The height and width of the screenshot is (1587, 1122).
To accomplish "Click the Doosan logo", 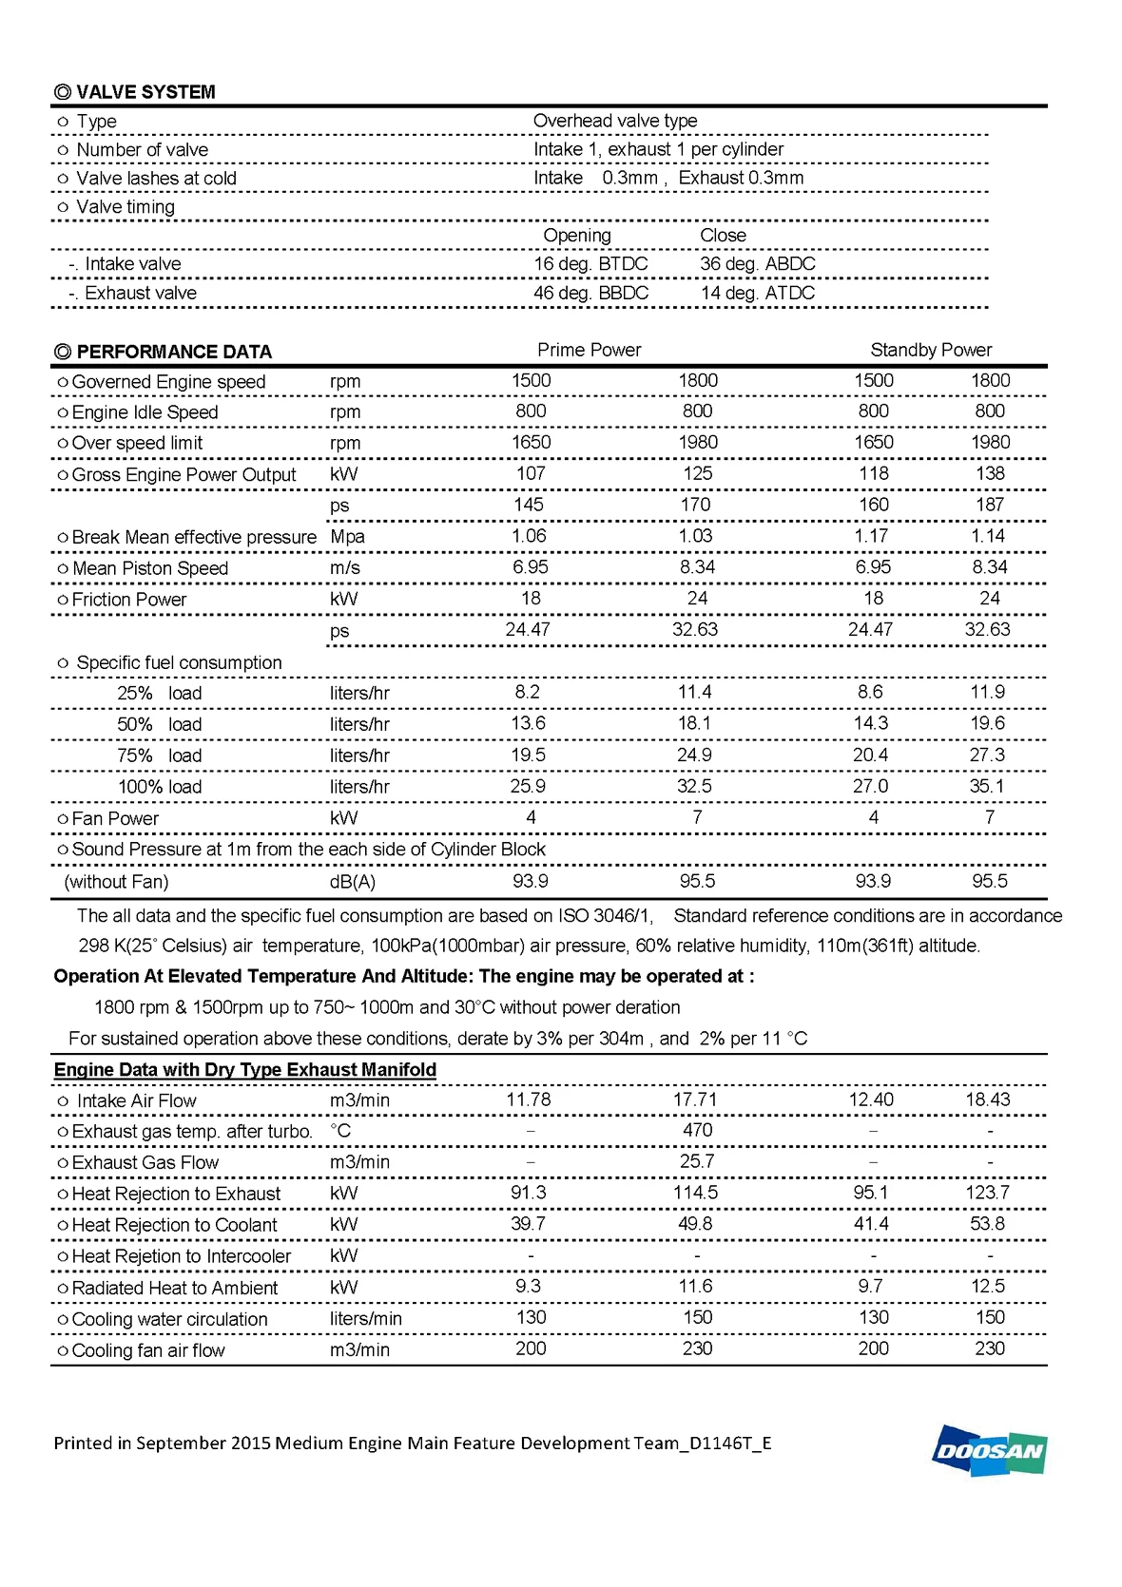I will point(989,1450).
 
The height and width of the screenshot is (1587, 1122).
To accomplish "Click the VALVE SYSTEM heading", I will point(135,92).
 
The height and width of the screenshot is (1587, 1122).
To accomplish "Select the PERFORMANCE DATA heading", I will point(163,352).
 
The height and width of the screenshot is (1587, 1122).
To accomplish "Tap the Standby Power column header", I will point(930,350).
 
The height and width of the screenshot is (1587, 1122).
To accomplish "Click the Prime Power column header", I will point(589,350).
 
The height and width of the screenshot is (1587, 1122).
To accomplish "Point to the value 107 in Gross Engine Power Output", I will point(530,473).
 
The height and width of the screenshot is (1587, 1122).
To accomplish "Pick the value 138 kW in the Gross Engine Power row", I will point(989,473).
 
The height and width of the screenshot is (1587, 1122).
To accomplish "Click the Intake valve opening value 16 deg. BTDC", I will point(590,264).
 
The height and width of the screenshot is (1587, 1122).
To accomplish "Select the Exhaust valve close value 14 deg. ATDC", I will point(757,293).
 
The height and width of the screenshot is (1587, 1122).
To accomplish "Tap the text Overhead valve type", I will point(614,121).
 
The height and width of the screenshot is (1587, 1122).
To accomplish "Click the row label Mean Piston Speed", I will point(149,568).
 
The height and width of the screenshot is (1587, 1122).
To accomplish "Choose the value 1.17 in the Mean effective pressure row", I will point(871,536).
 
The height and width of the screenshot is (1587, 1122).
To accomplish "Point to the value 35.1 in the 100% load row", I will point(987,786).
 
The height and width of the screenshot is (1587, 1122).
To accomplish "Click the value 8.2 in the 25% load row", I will point(527,692).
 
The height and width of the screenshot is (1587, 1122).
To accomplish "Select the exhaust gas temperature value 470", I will point(697,1130).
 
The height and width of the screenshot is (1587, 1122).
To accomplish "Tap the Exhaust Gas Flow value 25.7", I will point(696,1161).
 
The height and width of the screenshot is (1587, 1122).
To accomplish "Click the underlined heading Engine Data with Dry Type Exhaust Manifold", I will point(244,1070).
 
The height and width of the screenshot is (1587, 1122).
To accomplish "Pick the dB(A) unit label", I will point(352,882).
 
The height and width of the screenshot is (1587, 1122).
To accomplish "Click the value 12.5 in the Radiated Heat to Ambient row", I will point(989,1286).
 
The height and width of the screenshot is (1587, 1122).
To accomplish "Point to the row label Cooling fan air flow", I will point(147,1350).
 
